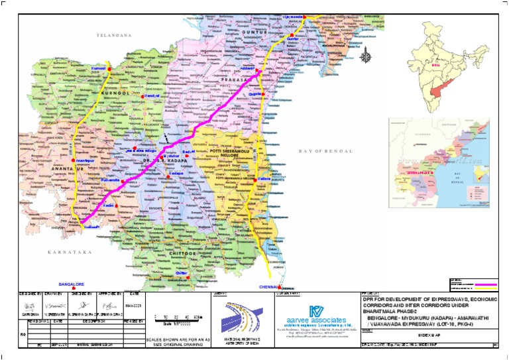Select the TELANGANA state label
113,34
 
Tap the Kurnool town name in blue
97,68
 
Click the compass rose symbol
365,57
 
